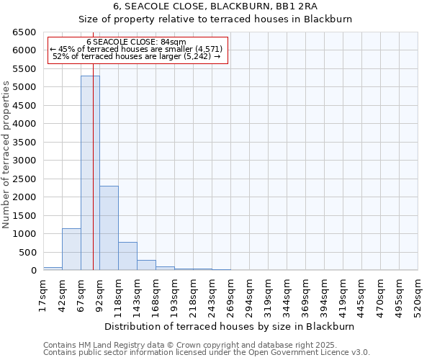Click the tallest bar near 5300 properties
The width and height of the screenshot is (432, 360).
click(90, 173)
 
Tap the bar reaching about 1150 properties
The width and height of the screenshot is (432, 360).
click(71, 249)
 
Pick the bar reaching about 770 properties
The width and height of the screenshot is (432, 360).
click(127, 256)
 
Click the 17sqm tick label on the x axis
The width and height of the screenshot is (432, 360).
click(43, 294)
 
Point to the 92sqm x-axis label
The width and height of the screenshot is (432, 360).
click(99, 294)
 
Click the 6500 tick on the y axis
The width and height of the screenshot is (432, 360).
click(24, 32)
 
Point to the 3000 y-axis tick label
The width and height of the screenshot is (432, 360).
click(24, 161)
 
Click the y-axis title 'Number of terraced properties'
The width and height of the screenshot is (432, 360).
click(7, 155)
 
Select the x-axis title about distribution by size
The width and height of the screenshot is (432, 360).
click(235, 326)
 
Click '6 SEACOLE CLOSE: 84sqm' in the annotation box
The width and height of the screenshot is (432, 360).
click(136, 42)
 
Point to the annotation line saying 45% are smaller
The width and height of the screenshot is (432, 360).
click(136, 49)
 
